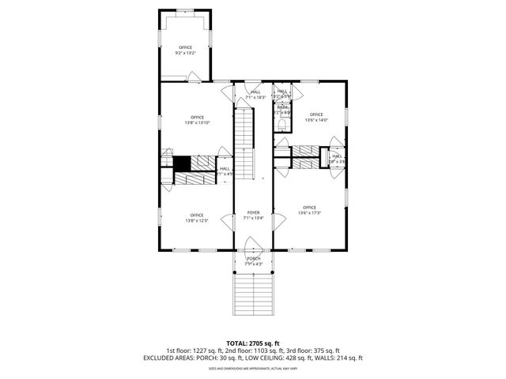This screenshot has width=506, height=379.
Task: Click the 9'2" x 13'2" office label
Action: coord(186,51)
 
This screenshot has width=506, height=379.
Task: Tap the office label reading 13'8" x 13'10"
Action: coord(197,120)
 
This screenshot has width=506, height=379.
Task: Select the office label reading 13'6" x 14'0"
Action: coord(316,117)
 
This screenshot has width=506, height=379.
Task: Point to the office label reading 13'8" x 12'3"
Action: coord(197,218)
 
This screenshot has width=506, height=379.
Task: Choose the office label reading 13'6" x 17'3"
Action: coord(309,210)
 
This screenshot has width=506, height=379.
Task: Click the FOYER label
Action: coord(253,215)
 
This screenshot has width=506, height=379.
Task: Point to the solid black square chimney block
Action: coord(182,163)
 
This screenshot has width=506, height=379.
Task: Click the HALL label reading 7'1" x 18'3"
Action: coord(255,95)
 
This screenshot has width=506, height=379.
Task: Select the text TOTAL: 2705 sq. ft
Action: coord(252,343)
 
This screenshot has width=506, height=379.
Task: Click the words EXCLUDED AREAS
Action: coord(167,358)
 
